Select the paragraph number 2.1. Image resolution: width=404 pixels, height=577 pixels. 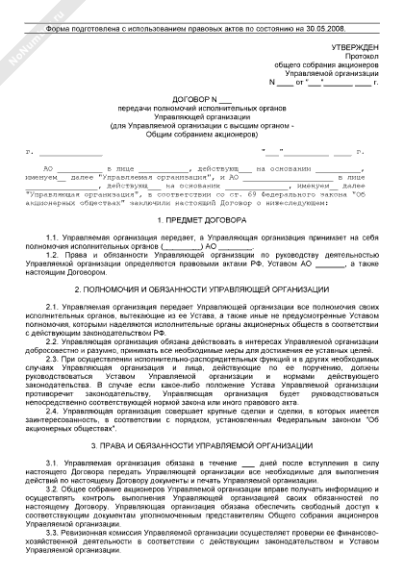[55, 305]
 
